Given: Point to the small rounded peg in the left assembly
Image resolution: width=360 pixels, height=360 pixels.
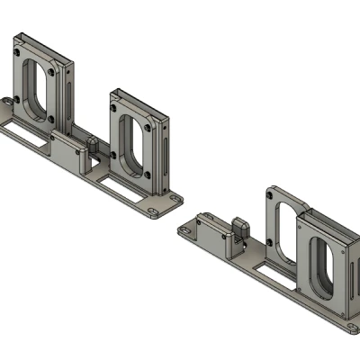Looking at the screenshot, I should [x=92, y=144].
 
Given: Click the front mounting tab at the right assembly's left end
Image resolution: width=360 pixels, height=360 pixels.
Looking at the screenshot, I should [x=185, y=233].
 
